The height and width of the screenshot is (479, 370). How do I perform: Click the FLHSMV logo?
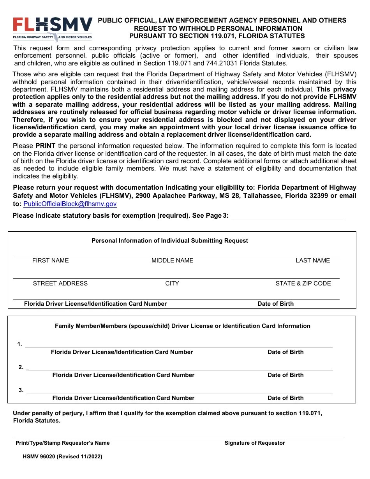[x=53, y=28]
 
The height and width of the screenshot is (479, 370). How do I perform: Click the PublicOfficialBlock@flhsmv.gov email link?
[x=70, y=204]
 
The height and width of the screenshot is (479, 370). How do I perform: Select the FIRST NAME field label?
[x=50, y=261]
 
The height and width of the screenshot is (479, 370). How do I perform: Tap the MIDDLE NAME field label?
[x=172, y=261]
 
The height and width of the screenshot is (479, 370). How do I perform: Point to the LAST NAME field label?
[x=313, y=261]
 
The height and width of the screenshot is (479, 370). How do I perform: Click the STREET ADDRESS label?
[x=60, y=284]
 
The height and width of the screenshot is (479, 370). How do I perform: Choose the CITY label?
[x=172, y=284]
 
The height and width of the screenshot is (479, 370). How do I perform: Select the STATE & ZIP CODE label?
[x=303, y=284]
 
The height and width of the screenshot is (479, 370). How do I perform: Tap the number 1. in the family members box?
[x=19, y=344]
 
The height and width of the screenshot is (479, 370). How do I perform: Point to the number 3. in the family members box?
[x=21, y=390]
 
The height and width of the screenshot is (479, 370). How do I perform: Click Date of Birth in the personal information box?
[x=276, y=304]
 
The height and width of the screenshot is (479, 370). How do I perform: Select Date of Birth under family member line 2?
[x=285, y=375]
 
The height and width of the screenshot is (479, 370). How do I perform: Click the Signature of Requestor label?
[x=255, y=443]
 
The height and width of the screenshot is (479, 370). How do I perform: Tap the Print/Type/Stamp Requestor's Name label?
[x=63, y=443]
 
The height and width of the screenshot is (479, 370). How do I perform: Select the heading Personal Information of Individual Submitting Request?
[x=170, y=241]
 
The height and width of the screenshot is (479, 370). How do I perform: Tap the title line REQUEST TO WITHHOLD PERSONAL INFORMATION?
[x=218, y=28]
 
